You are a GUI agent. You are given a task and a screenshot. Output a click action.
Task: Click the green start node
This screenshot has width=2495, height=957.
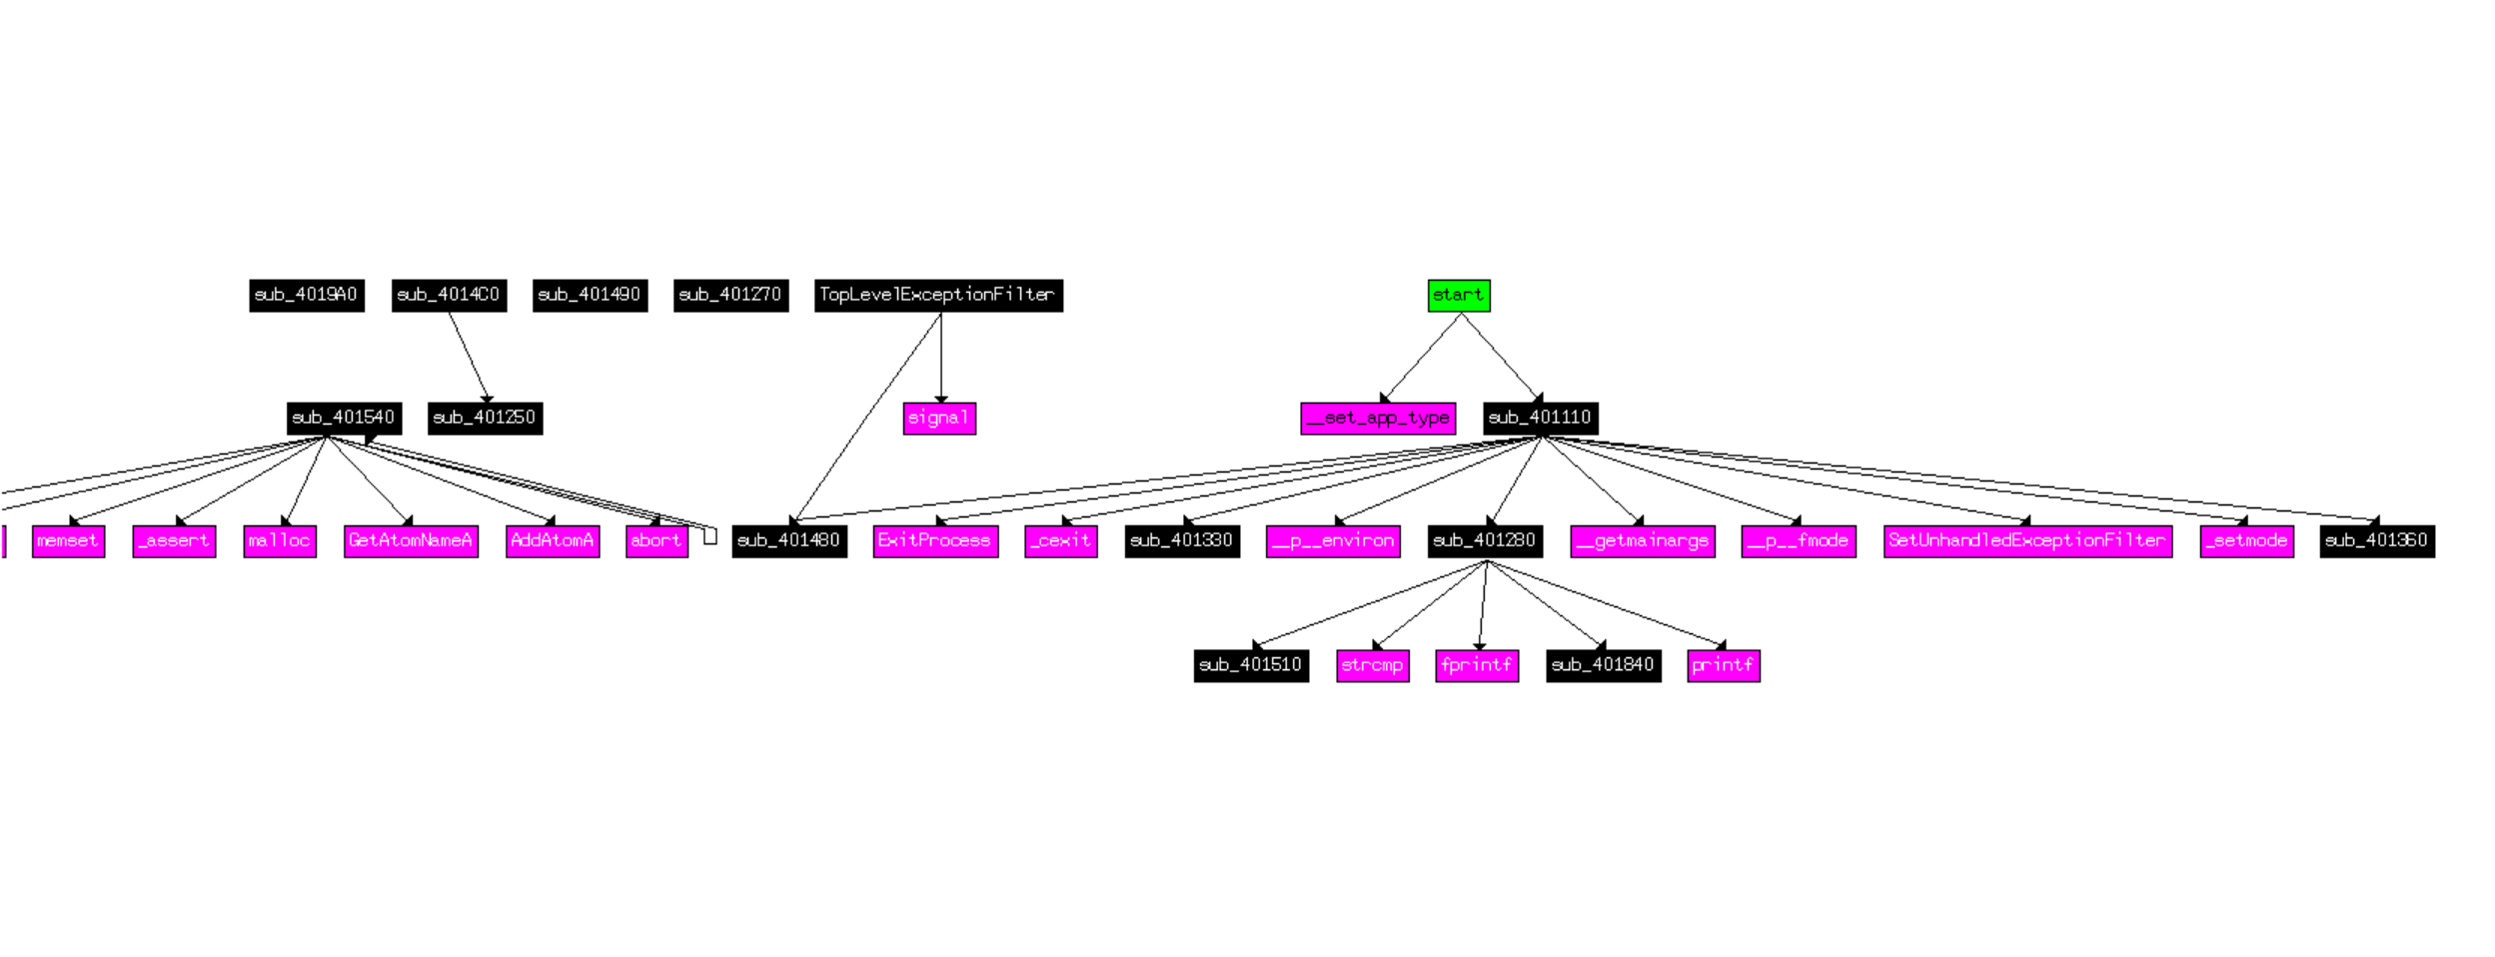pos(1458,296)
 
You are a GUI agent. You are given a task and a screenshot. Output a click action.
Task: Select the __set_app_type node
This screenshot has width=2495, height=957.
pos(1377,419)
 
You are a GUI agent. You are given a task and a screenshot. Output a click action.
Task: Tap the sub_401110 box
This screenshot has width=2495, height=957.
pos(1540,419)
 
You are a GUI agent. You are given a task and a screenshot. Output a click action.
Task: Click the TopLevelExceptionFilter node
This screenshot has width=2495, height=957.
pos(937,296)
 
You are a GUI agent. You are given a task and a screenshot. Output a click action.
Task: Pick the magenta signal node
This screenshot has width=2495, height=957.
pos(938,419)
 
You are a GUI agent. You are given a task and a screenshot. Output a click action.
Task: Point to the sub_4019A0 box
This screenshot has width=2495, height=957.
pos(306,296)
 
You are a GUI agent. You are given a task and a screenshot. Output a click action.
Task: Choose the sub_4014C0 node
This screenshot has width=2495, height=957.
pos(449,296)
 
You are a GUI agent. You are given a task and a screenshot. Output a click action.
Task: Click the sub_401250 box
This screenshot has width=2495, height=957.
pos(485,419)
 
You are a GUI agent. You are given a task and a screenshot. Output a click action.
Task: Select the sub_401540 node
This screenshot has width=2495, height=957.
pos(344,419)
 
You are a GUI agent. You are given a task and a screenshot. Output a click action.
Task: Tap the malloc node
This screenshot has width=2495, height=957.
pos(280,541)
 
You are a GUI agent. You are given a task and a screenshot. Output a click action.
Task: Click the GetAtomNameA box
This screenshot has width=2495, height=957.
pos(411,541)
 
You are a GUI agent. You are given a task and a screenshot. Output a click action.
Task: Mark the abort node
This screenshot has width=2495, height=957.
pos(656,541)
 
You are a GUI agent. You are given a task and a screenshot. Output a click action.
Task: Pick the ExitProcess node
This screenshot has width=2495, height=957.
pos(934,541)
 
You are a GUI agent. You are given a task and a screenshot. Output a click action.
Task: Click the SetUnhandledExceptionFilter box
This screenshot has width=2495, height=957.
pos(2026,541)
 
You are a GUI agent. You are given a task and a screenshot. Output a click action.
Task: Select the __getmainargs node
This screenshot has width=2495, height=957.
pos(1642,541)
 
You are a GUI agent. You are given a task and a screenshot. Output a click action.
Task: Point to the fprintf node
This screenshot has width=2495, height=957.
pos(1477,665)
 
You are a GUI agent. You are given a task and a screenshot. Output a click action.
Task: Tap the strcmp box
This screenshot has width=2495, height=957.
pos(1372,665)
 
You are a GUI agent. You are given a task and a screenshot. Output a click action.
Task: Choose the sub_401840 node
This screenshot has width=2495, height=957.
pos(1603,665)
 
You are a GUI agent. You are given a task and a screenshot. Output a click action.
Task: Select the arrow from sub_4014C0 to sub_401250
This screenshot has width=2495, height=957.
pos(468,356)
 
